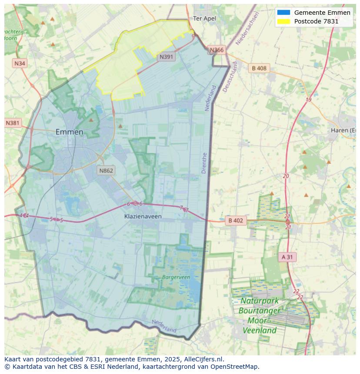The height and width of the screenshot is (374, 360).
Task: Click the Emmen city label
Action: point(69,132)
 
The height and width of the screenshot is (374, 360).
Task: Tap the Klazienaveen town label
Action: point(143,216)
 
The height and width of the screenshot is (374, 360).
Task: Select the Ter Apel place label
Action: point(204,19)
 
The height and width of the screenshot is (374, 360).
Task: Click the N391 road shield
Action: point(167,57)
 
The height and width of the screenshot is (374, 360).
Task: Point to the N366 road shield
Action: point(217,50)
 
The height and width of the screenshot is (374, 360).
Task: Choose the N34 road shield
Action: point(20,63)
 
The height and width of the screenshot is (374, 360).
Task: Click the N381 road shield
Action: point(13,123)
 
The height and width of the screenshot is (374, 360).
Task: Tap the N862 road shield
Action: point(106,170)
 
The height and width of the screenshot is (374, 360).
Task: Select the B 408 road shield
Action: point(259,68)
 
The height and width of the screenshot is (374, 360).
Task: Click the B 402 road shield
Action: point(235,221)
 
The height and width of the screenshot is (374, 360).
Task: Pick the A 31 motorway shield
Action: point(287,257)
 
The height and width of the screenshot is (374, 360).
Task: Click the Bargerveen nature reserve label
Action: point(176,277)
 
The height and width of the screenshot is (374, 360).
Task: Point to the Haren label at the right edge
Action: point(343,130)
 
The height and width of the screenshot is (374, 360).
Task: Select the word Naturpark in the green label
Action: point(260,301)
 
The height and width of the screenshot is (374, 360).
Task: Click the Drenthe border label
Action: point(204,163)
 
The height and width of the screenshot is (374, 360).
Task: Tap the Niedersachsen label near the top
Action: point(247,28)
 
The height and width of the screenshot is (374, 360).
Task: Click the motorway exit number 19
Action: point(308,100)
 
